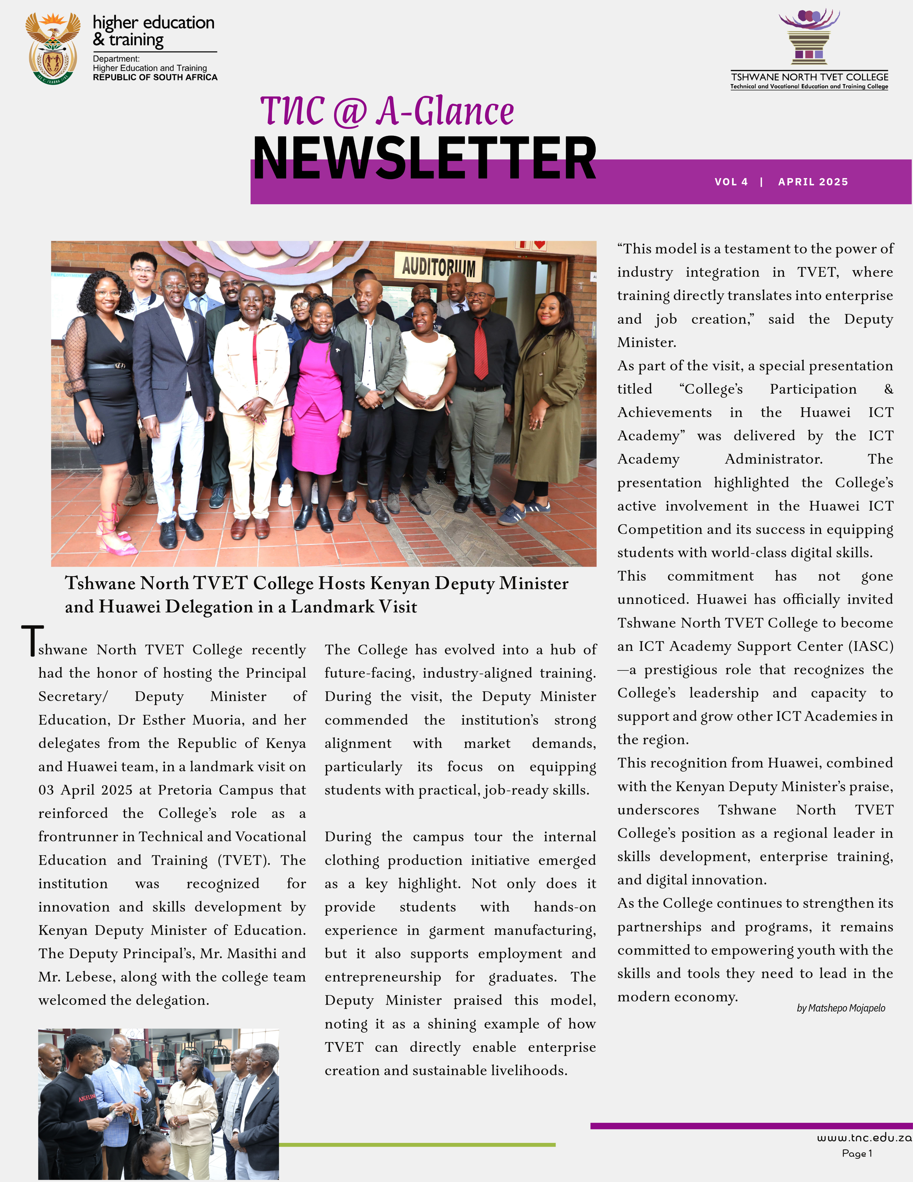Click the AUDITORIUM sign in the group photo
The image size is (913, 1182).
[x=438, y=266]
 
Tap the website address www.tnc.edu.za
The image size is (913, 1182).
[x=864, y=1138]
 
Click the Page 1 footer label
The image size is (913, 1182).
[x=857, y=1153]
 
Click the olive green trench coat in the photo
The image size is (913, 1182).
[x=546, y=411]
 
